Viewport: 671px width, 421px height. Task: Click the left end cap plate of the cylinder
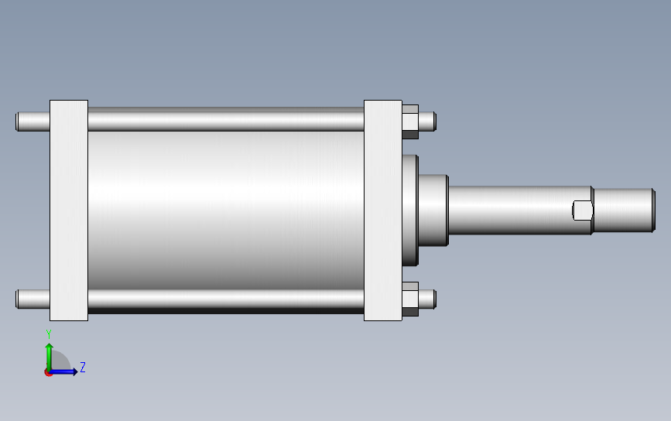69,210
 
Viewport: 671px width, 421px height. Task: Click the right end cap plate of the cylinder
383,210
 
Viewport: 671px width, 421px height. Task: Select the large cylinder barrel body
226,210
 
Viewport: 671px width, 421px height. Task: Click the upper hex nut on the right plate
410,122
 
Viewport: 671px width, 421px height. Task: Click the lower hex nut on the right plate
410,299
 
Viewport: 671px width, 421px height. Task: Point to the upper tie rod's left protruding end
33,122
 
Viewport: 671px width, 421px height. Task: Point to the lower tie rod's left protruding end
33,299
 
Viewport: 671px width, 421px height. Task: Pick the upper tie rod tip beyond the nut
427,122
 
